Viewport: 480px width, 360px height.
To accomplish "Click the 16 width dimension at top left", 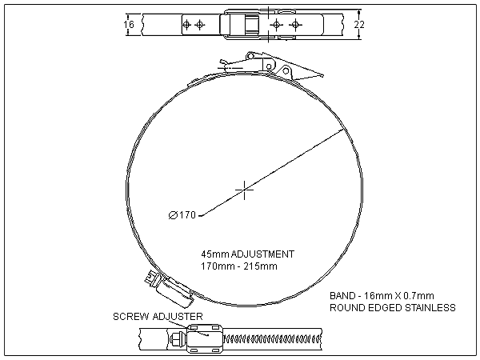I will click(x=130, y=25).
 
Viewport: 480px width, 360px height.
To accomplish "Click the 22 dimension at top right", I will click(x=359, y=25).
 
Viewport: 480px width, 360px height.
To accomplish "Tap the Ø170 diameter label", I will click(x=183, y=214).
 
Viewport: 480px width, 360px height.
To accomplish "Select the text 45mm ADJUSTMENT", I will click(x=248, y=254).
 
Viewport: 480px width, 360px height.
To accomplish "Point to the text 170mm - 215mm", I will click(x=239, y=266).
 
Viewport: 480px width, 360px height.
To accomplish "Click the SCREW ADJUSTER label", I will click(x=157, y=317).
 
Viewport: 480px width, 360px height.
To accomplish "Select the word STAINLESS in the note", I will click(x=428, y=307).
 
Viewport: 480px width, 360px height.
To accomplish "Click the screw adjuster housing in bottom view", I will click(x=201, y=339).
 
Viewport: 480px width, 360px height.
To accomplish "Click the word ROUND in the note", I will click(x=346, y=307).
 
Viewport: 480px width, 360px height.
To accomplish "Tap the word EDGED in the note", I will click(x=383, y=307).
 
